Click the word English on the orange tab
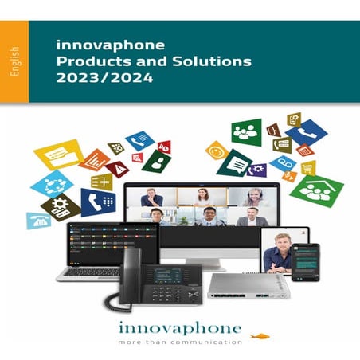pos(15,62)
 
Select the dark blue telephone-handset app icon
pos(98,202)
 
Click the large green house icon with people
pos(315,189)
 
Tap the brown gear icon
pos(61,205)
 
